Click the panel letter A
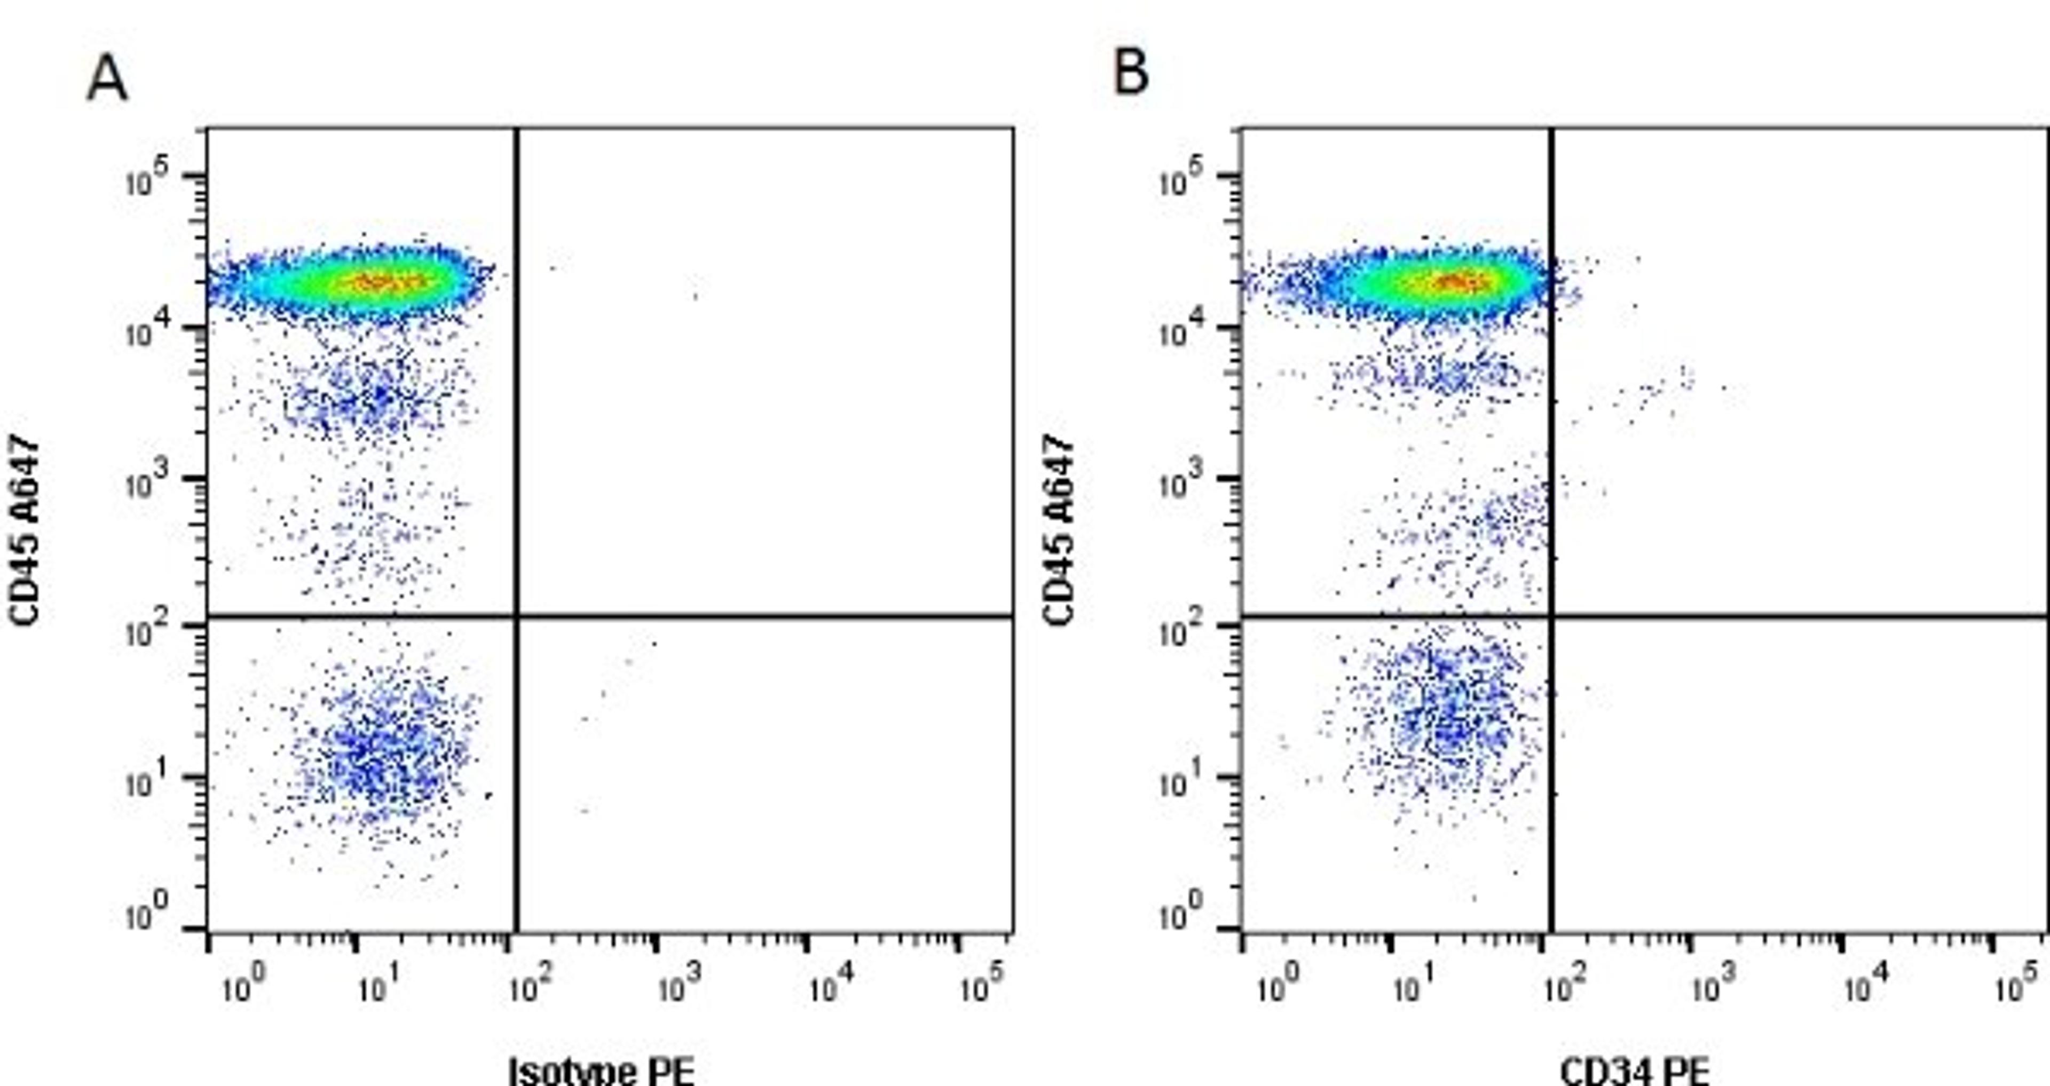(x=107, y=80)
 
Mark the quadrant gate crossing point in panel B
(x=1551, y=616)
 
